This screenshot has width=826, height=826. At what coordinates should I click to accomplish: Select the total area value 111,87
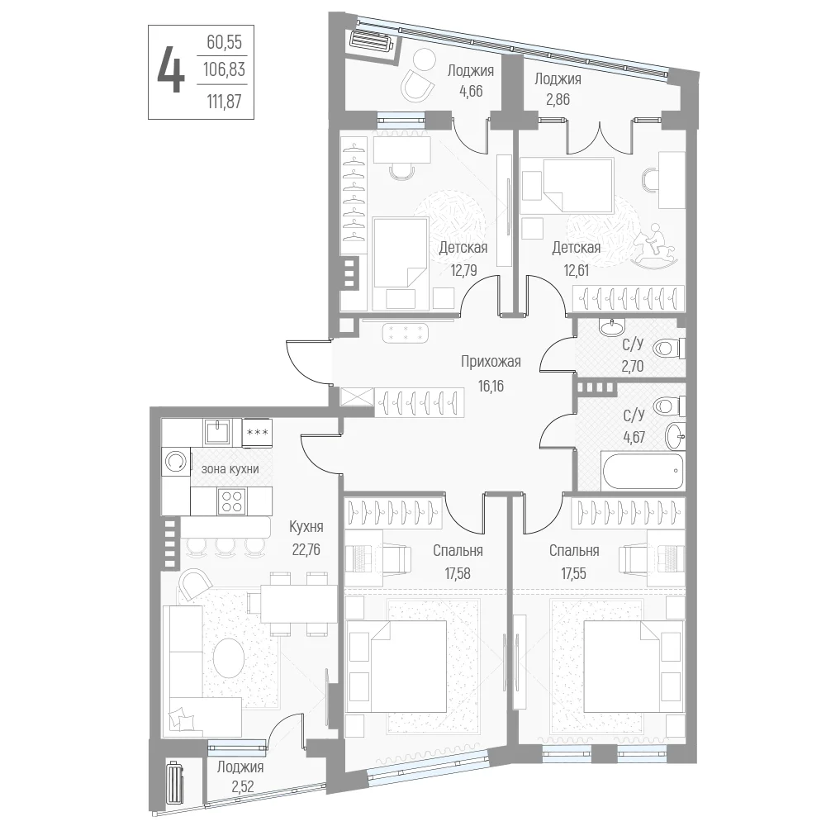[225, 100]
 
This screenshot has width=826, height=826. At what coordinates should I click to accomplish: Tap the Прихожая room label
[491, 362]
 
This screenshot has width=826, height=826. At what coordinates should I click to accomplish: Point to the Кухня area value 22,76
[306, 549]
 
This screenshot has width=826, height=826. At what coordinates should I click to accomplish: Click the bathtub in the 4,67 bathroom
[642, 471]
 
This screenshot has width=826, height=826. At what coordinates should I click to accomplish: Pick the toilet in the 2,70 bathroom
[668, 349]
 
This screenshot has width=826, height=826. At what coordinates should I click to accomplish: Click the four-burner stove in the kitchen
[232, 501]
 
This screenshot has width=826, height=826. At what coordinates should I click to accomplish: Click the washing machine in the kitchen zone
[176, 462]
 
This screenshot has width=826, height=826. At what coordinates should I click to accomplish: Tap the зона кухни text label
[230, 468]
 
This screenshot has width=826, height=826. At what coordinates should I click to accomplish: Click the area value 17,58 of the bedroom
[458, 573]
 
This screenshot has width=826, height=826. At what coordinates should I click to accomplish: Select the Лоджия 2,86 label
[558, 88]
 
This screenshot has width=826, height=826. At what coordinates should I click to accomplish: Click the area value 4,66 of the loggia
[471, 91]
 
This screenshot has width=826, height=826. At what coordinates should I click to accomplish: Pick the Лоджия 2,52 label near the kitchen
[240, 776]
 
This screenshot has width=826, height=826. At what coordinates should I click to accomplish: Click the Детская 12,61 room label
[577, 259]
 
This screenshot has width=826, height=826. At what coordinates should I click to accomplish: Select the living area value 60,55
[225, 42]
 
